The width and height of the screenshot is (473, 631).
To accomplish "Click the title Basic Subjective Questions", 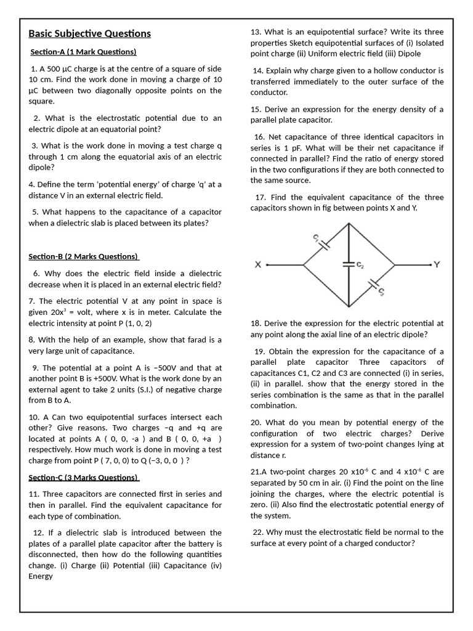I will [x=89, y=33].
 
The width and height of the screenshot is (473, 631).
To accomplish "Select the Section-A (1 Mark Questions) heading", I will [x=83, y=52].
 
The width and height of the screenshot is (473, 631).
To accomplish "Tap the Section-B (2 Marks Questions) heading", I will [x=84, y=256].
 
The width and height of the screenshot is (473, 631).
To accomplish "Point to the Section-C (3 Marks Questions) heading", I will [x=84, y=478].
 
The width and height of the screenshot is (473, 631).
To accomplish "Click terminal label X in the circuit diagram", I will [x=258, y=265].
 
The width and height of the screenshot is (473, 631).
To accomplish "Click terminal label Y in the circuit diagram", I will [x=437, y=265].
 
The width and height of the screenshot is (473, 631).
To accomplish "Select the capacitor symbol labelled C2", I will [x=349, y=264].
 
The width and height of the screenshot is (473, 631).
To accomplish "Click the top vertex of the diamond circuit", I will [x=349, y=222].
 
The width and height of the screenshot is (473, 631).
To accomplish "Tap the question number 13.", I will [x=257, y=32].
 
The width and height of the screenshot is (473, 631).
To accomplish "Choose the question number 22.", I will [x=258, y=532].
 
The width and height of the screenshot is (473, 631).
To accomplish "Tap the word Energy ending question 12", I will [x=41, y=576].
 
